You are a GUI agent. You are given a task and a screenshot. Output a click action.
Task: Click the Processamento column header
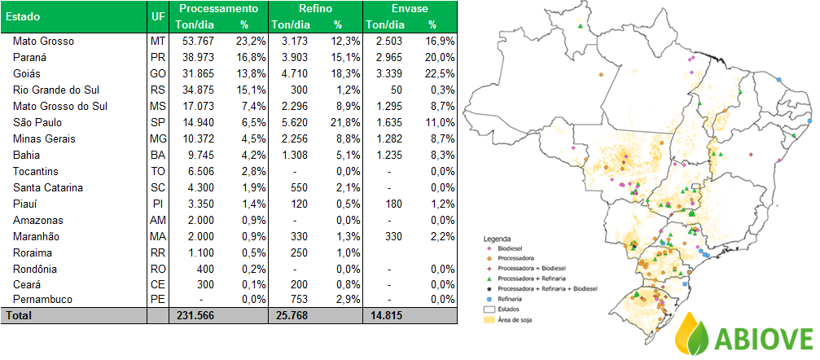[x=219, y=8]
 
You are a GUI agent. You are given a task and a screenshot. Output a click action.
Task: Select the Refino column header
[x=315, y=8]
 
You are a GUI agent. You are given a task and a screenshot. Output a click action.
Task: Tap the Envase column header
[x=410, y=8]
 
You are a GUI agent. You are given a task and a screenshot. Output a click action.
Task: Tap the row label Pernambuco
[x=42, y=300]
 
